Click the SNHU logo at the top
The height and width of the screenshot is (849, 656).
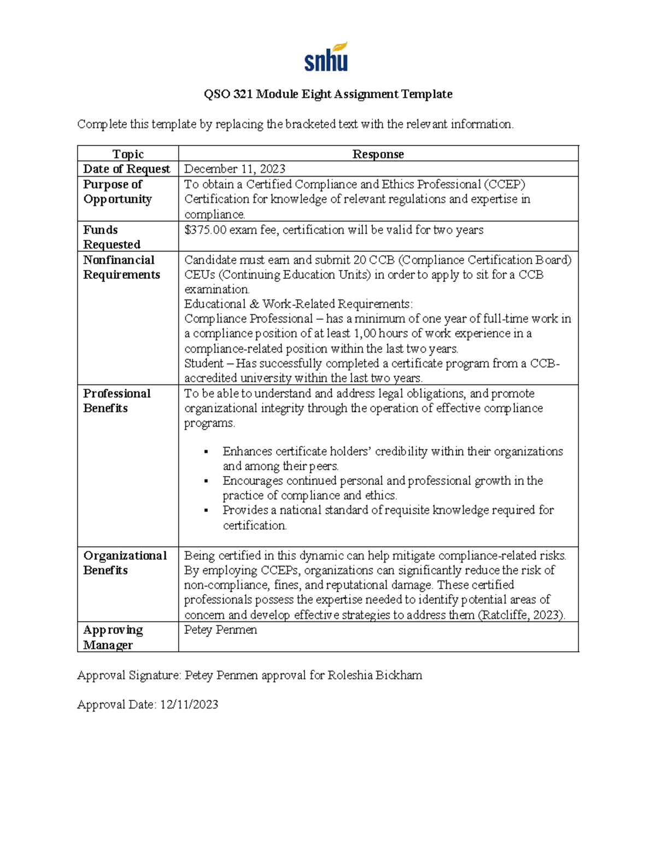click(326, 57)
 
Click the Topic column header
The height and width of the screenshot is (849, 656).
click(128, 154)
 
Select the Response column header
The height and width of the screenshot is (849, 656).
click(378, 154)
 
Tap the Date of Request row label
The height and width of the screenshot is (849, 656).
click(126, 169)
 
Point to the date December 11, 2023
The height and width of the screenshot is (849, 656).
click(235, 169)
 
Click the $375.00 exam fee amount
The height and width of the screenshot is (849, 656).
click(205, 230)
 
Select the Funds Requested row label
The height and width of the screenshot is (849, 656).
click(112, 237)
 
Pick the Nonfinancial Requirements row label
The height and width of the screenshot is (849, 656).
click(121, 267)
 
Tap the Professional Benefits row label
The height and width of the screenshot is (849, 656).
click(116, 401)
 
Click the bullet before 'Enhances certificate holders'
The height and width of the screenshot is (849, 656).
click(206, 452)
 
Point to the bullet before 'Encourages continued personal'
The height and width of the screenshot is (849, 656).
click(206, 481)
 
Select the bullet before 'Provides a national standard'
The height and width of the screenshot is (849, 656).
click(206, 511)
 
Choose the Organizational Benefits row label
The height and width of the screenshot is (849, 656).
click(125, 563)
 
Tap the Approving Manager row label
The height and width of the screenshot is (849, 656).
click(113, 637)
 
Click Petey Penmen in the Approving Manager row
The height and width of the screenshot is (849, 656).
click(220, 630)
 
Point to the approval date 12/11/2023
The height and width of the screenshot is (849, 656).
click(189, 705)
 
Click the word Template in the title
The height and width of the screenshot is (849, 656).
click(426, 94)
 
